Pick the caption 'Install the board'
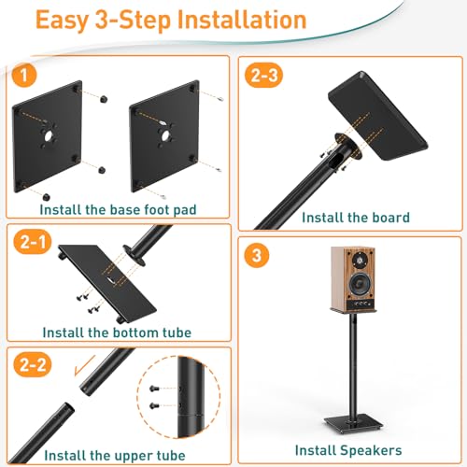(x=357, y=218)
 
